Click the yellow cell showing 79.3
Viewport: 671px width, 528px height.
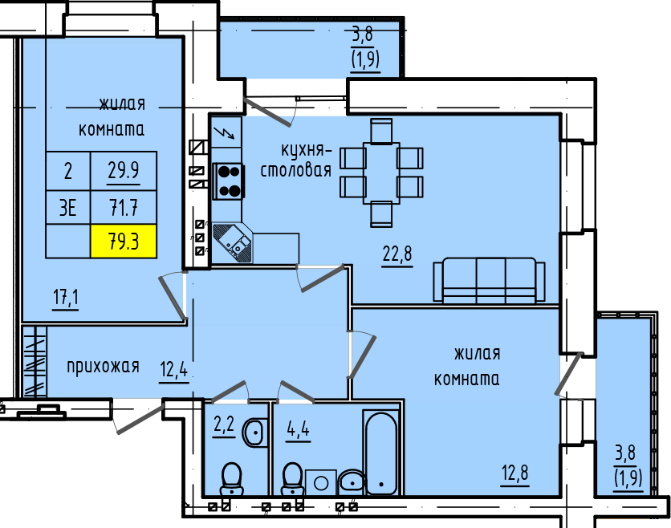point(124,242)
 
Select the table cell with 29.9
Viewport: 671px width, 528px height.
point(124,171)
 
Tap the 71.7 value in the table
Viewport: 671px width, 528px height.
point(124,208)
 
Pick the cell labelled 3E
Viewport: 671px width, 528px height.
point(68,208)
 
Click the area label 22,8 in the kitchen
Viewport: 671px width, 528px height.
point(397,254)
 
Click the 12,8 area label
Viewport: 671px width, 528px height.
point(515,473)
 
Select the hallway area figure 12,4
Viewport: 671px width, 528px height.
point(173,369)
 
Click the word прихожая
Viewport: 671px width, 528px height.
point(103,367)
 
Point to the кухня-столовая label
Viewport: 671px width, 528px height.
point(296,160)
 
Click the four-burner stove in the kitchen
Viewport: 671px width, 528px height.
point(229,181)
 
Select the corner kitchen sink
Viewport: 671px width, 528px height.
point(233,243)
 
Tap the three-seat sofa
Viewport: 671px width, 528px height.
point(489,280)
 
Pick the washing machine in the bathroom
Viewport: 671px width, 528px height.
point(321,482)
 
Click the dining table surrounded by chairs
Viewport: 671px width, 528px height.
point(381,173)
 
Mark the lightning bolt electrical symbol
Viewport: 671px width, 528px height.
point(226,132)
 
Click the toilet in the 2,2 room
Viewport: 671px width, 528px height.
point(231,480)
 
